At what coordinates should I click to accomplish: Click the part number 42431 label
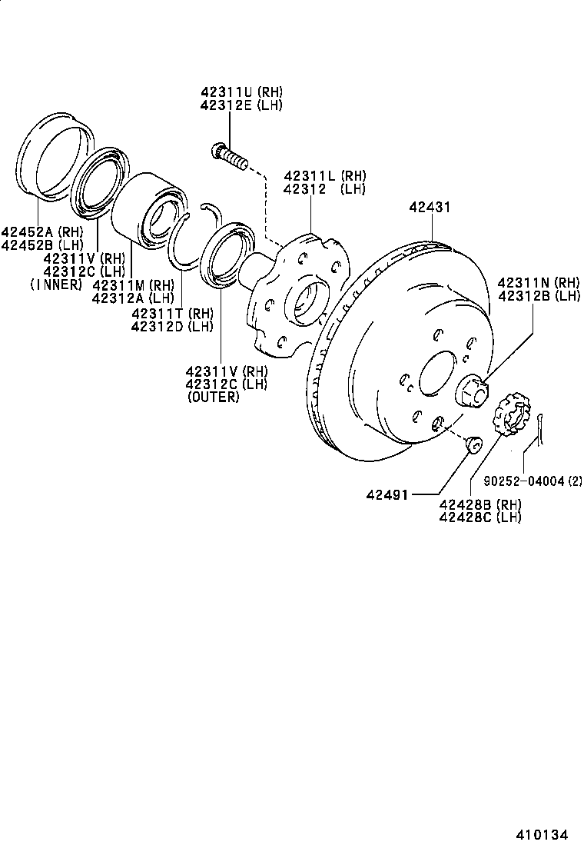(x=430, y=208)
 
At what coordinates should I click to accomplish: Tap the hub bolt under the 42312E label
(x=228, y=157)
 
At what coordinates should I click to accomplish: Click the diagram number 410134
(x=546, y=834)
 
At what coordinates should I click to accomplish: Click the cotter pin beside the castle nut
(x=543, y=427)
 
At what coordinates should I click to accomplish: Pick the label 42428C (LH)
(x=479, y=517)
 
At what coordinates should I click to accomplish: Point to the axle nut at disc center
(x=471, y=390)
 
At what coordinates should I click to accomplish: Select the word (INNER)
(x=55, y=284)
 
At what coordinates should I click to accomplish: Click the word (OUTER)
(x=213, y=398)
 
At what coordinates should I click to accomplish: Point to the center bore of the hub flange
(x=305, y=299)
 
